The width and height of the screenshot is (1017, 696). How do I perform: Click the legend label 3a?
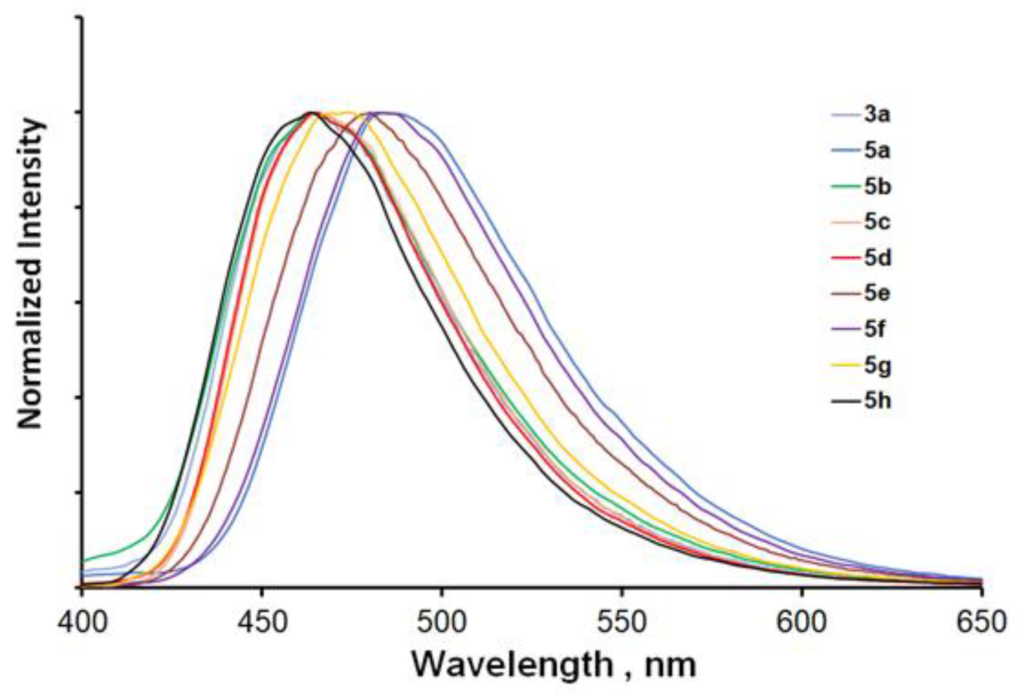[877, 115]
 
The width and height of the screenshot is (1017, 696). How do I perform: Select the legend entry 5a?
[877, 151]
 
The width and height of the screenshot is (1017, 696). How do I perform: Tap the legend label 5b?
[877, 187]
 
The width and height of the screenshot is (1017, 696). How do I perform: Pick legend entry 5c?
[877, 222]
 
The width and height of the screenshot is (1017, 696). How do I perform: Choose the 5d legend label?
[877, 258]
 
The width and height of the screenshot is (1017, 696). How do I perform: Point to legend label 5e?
[877, 293]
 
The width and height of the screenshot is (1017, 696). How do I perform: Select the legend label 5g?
[877, 366]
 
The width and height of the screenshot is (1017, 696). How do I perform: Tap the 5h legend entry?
[877, 401]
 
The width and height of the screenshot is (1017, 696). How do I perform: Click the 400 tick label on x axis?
[82, 622]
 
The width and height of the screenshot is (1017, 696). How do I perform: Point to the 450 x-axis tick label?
[262, 622]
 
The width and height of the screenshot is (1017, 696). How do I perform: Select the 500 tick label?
[442, 622]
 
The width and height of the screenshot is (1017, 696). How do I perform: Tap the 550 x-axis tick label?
[622, 622]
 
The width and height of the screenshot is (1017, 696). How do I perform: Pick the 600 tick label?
[802, 622]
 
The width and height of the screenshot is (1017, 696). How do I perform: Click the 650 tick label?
[981, 622]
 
